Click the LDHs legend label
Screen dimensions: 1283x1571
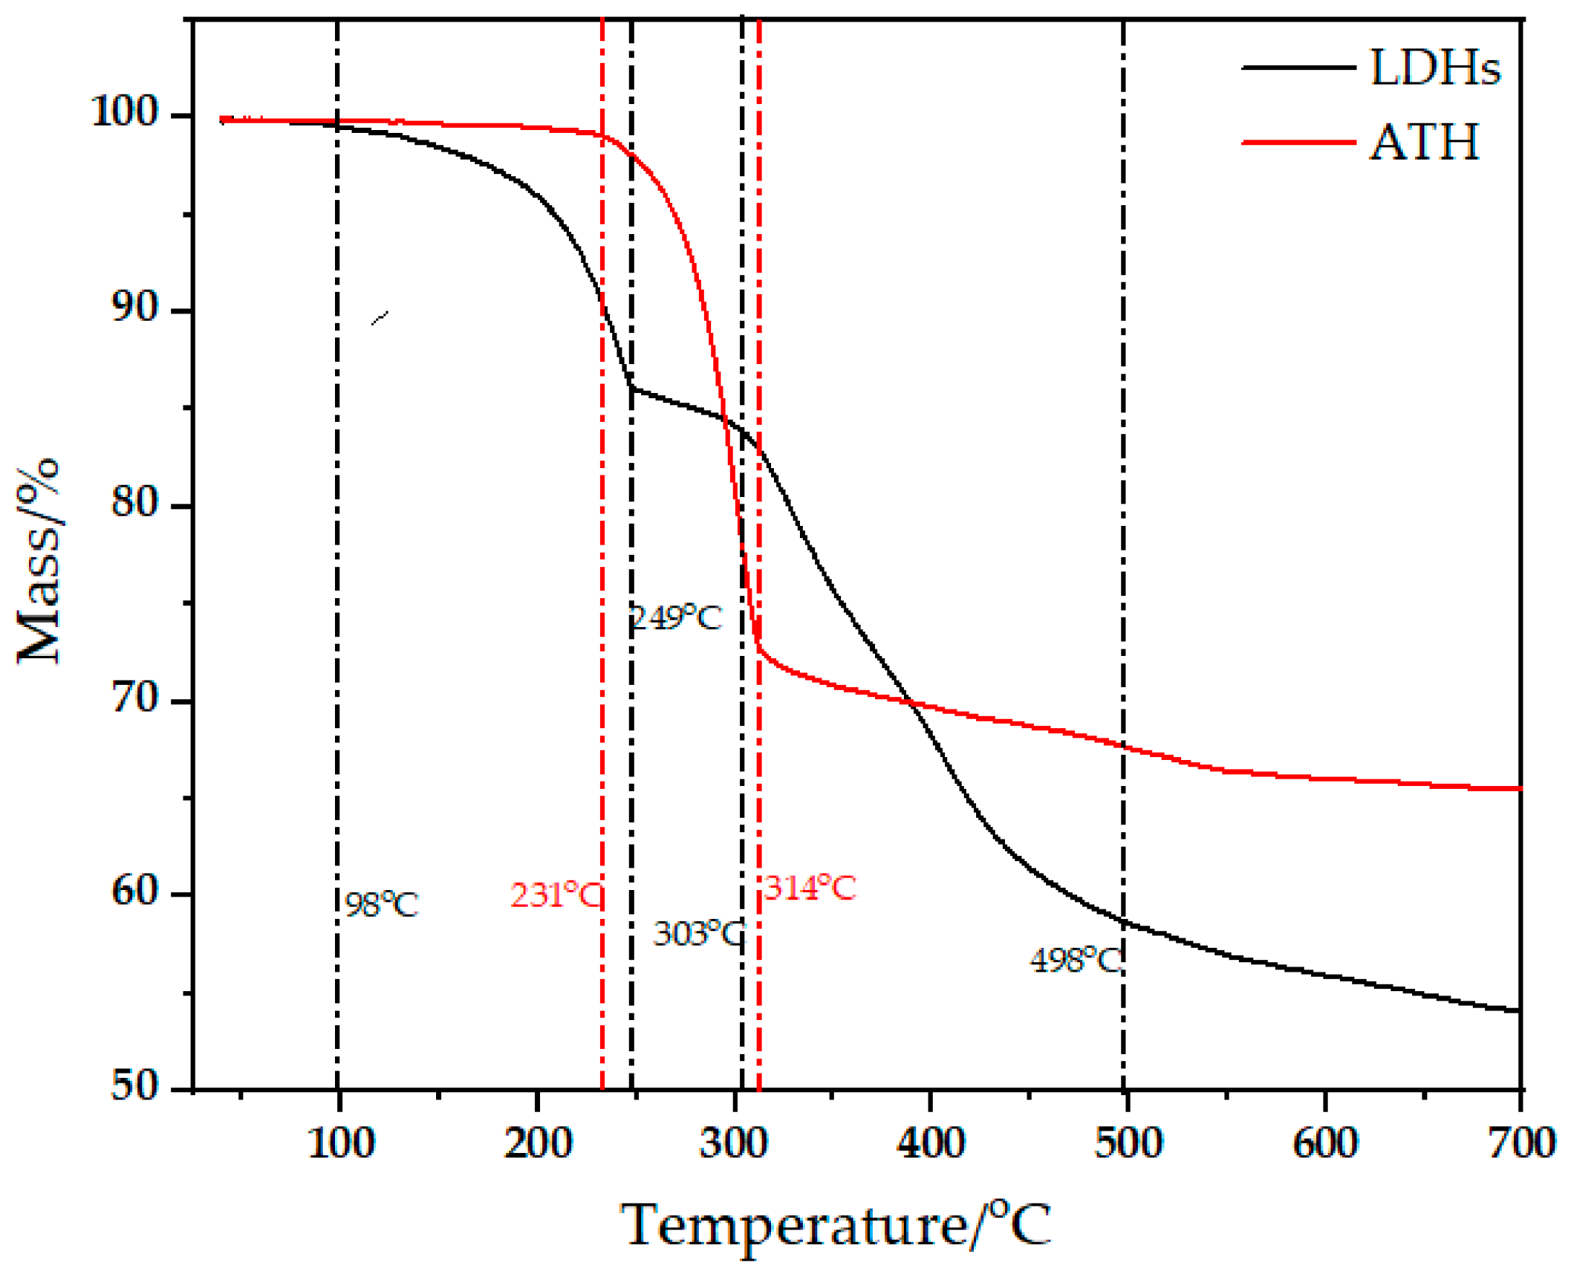1435,68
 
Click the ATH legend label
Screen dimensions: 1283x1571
1424,142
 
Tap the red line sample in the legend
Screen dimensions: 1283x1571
1297,142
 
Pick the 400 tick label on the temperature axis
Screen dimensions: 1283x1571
931,1144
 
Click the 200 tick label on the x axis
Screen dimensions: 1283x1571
538,1144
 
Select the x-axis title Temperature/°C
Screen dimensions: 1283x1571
835,1225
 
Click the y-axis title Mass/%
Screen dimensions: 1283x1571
38,562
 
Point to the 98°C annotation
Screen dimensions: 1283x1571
381,905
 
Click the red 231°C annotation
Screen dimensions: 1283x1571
555,895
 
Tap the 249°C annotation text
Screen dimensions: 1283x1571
676,618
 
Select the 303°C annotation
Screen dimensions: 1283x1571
698,935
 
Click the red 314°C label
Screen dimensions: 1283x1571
809,888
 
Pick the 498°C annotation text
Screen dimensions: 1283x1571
1076,962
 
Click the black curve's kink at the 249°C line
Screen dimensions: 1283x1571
632,386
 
